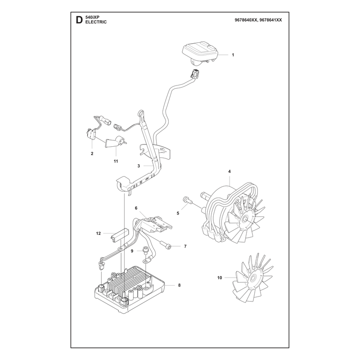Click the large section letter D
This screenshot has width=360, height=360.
(79, 20)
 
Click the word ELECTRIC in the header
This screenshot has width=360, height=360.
(96, 22)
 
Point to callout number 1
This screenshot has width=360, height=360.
(233, 55)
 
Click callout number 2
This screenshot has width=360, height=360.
(92, 153)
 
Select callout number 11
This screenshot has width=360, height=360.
(116, 161)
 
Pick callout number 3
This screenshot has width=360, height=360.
(139, 166)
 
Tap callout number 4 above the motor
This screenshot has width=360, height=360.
(229, 171)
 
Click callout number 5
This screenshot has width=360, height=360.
(178, 213)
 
